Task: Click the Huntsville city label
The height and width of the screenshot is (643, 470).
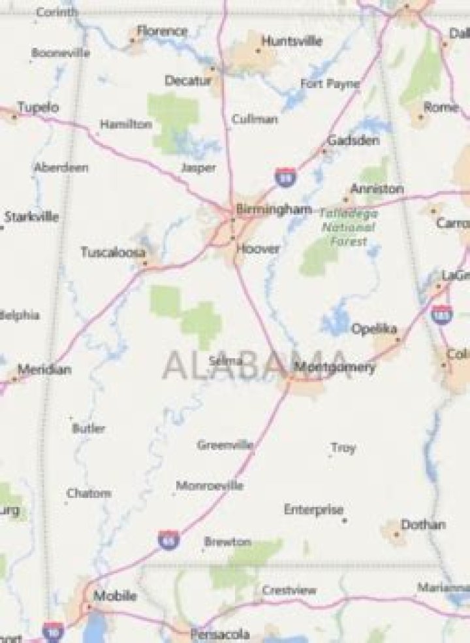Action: pyautogui.click(x=292, y=41)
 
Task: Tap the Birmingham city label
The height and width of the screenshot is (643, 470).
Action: pyautogui.click(x=274, y=210)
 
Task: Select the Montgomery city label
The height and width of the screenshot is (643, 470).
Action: pyautogui.click(x=335, y=367)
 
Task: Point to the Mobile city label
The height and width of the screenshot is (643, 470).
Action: pyautogui.click(x=115, y=596)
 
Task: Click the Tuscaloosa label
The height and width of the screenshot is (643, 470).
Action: pyautogui.click(x=112, y=252)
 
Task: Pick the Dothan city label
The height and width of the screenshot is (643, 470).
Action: pyautogui.click(x=423, y=524)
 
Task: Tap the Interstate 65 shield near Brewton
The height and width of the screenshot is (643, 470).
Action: pyautogui.click(x=168, y=540)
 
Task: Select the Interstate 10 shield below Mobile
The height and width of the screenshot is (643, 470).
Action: pyautogui.click(x=52, y=631)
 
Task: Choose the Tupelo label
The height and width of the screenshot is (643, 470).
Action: pyautogui.click(x=38, y=107)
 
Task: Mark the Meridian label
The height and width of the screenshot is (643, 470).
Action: pyautogui.click(x=44, y=369)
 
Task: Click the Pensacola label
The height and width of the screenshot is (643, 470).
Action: pyautogui.click(x=219, y=634)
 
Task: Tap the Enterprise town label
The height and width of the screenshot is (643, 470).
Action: pyautogui.click(x=313, y=509)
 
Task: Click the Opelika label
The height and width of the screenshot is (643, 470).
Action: pyautogui.click(x=375, y=329)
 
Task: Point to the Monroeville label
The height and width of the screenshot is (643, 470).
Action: pyautogui.click(x=210, y=486)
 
